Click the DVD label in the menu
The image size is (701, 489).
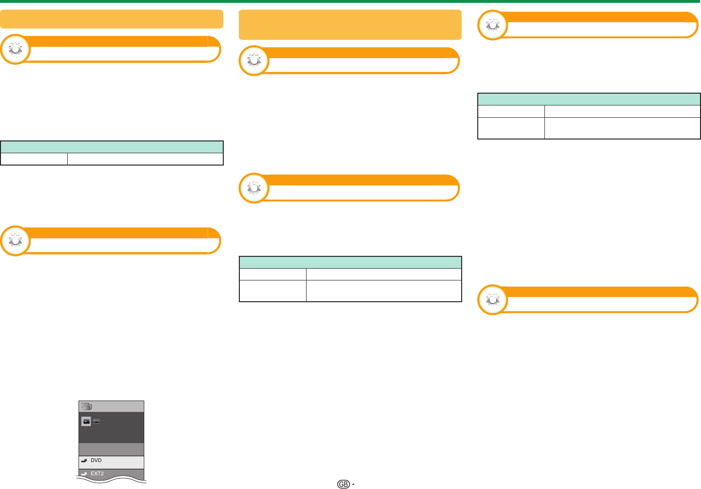[96, 460]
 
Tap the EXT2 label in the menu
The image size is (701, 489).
[97, 473]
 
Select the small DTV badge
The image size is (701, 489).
[96, 421]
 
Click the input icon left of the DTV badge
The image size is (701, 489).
[86, 421]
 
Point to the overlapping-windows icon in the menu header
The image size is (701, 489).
[87, 406]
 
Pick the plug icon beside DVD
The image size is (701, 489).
[84, 461]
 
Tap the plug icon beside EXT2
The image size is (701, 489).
[84, 474]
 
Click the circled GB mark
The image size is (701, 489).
[343, 484]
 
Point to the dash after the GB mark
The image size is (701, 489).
[353, 484]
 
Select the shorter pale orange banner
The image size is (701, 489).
[112, 19]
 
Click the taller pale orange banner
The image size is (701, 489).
[350, 25]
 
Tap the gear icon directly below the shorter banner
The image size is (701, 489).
[15, 49]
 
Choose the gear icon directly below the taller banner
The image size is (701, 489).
[254, 61]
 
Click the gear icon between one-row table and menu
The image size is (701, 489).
[15, 241]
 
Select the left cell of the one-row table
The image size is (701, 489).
[34, 159]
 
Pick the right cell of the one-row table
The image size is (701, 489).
[145, 159]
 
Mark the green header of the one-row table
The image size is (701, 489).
[112, 147]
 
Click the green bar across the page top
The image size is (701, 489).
[350, 1]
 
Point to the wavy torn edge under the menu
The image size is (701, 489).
[112, 479]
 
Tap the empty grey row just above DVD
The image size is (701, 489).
[112, 449]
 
